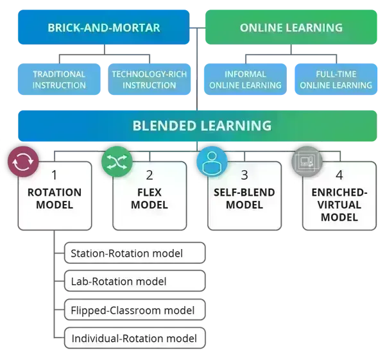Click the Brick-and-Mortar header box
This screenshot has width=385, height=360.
[x=103, y=28]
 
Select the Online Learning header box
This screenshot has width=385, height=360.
[x=291, y=28]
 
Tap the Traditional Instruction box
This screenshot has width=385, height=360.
[x=59, y=80]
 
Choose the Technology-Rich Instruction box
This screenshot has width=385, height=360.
[x=149, y=80]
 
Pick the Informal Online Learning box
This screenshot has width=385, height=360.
[x=244, y=80]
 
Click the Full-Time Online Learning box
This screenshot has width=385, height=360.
[x=336, y=80]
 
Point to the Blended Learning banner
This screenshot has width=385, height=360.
[x=201, y=125]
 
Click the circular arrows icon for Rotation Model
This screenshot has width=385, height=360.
[x=22, y=161]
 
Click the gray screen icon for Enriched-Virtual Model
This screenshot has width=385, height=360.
[x=305, y=162]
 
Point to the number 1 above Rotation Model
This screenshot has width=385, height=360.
[x=55, y=175]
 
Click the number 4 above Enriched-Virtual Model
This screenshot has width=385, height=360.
[x=339, y=175]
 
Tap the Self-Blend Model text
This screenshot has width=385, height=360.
[x=244, y=199]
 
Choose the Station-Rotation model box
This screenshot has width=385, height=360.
[x=135, y=253]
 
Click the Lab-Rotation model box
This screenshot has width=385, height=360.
[x=135, y=281]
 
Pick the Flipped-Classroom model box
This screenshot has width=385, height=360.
[x=135, y=310]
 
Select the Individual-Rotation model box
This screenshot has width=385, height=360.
[x=135, y=338]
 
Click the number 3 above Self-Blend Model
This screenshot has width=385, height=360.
[x=244, y=175]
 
